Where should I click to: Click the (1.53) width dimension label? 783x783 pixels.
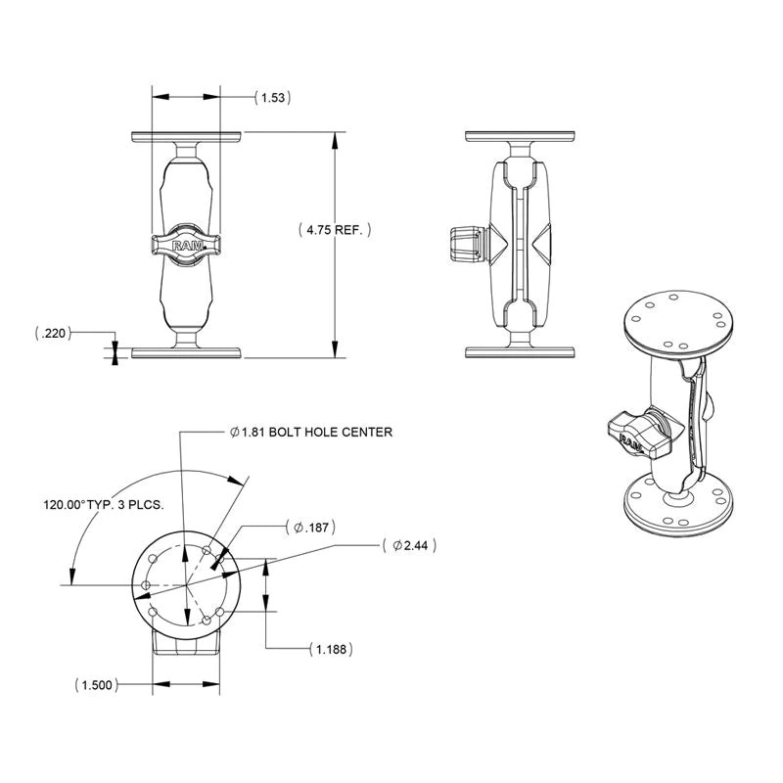click(x=274, y=98)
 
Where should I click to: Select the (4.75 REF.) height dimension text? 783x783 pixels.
click(x=335, y=230)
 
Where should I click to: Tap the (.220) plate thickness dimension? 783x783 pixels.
click(x=53, y=334)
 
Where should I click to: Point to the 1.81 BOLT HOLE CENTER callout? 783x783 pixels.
click(x=310, y=432)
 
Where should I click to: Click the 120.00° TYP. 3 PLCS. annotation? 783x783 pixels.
click(x=102, y=506)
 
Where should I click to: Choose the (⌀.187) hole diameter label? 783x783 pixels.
click(x=310, y=528)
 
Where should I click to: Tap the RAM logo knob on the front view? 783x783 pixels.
click(x=185, y=247)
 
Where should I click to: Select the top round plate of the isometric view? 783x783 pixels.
click(x=675, y=322)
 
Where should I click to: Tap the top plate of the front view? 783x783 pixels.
click(x=185, y=136)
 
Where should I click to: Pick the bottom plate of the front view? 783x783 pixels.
click(x=185, y=352)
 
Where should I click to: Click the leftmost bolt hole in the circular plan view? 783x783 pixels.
click(x=146, y=585)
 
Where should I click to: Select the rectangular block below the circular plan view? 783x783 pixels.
click(x=185, y=646)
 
